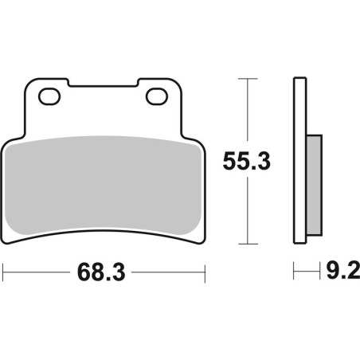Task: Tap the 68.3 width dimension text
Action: tap(102, 273)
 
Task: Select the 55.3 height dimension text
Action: tap(247, 161)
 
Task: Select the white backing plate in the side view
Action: tap(299, 159)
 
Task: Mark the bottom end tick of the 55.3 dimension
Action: tap(248, 243)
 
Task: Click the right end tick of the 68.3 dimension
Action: tap(205, 273)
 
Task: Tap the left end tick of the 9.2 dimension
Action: tap(294, 273)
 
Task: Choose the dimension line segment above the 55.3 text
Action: tap(248, 112)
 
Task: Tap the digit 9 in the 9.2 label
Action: tap(333, 273)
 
